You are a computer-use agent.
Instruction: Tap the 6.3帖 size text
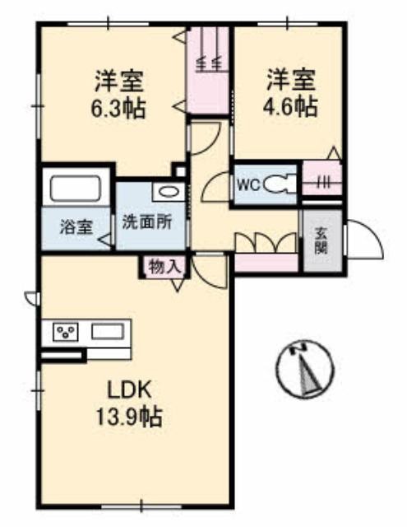coord(118,108)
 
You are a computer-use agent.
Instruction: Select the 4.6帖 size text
coord(290,105)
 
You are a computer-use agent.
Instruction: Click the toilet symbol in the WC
coord(280,184)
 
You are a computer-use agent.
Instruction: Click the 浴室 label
coord(76,227)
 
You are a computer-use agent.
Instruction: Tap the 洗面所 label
coord(147,222)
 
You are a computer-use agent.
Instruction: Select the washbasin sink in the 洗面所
coord(168,192)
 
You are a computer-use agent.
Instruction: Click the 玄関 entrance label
coord(321,240)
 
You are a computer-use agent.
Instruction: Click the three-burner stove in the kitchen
coord(65,332)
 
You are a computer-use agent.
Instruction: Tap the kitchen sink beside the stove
coord(109,331)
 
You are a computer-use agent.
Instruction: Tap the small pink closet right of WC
coord(322,178)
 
